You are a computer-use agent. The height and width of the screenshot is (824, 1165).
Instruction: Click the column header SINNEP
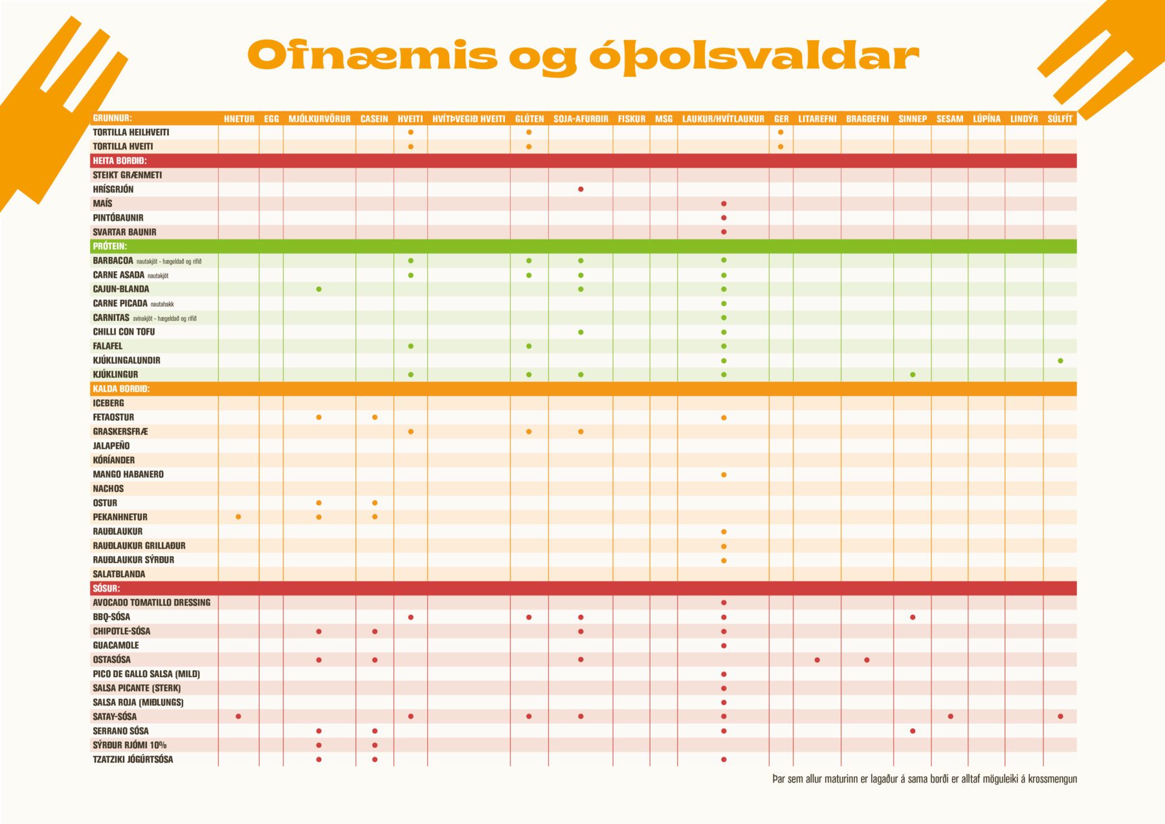[x=912, y=119]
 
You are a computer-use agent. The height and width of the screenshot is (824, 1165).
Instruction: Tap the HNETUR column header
[x=239, y=119]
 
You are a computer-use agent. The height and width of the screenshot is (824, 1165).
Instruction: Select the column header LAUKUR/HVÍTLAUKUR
[x=723, y=119]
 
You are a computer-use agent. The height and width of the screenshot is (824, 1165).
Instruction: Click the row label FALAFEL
[x=107, y=346]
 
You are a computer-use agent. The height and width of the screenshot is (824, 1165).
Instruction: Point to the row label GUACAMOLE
[x=116, y=645]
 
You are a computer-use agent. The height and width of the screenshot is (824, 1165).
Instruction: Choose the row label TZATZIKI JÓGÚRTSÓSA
[x=133, y=759]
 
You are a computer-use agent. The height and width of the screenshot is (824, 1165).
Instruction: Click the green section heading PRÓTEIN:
[x=109, y=247]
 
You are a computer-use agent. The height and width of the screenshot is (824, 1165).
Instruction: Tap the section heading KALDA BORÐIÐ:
[x=121, y=389]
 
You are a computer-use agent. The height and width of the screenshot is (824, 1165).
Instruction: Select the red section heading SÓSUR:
[x=106, y=588]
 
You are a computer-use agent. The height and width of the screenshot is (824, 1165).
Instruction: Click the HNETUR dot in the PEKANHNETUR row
[x=238, y=517]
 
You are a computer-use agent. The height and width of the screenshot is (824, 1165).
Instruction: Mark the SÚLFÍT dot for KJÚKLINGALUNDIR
[x=1060, y=361]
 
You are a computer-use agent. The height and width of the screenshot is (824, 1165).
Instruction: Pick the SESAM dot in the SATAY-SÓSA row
[x=950, y=716]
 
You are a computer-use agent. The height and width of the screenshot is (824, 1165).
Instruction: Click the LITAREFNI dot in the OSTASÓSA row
[x=817, y=660]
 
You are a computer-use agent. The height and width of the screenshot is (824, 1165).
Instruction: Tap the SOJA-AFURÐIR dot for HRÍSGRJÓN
[x=581, y=189]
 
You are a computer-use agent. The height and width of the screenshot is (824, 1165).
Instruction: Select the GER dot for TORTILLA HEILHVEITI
[x=781, y=132]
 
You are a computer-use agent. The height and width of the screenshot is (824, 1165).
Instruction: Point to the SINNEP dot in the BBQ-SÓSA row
[x=913, y=617]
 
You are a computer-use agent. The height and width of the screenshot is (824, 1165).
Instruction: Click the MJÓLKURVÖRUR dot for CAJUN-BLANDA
[x=318, y=289]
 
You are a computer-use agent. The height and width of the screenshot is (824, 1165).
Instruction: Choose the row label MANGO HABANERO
[x=128, y=474]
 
